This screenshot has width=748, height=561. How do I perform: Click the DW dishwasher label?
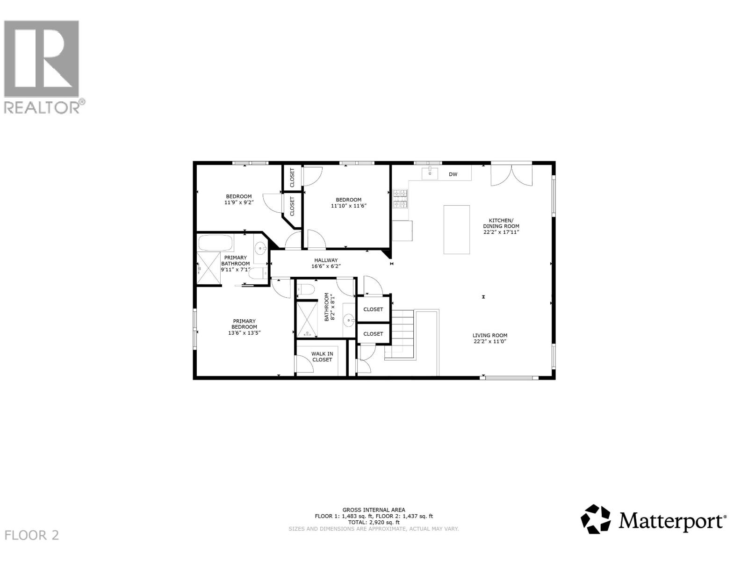pyautogui.click(x=453, y=174)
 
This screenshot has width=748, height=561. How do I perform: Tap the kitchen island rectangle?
pyautogui.click(x=456, y=230)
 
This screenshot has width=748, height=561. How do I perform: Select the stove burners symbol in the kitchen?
pyautogui.click(x=400, y=198)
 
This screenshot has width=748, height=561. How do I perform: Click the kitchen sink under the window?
pyautogui.click(x=430, y=173)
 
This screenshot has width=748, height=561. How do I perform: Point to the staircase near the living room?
pyautogui.click(x=401, y=334)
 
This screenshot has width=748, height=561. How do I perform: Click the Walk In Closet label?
pyautogui.click(x=322, y=357)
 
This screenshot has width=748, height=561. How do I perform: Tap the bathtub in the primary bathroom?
pyautogui.click(x=216, y=243)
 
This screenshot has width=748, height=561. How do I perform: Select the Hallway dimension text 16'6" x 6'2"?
pyautogui.click(x=326, y=266)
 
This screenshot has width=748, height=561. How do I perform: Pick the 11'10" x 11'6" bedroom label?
pyautogui.click(x=348, y=202)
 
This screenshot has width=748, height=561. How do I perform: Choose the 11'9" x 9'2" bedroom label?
pyautogui.click(x=239, y=200)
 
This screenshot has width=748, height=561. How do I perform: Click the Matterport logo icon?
pyautogui.click(x=596, y=519)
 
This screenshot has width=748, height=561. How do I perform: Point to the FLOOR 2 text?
pyautogui.click(x=32, y=535)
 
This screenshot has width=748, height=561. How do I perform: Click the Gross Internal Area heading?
pyautogui.click(x=374, y=510)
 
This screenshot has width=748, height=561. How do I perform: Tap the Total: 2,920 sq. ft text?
pyautogui.click(x=374, y=522)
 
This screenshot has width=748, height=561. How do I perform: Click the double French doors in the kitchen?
pyautogui.click(x=511, y=175)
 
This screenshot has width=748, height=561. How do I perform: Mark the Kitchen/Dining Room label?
pyautogui.click(x=501, y=223)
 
